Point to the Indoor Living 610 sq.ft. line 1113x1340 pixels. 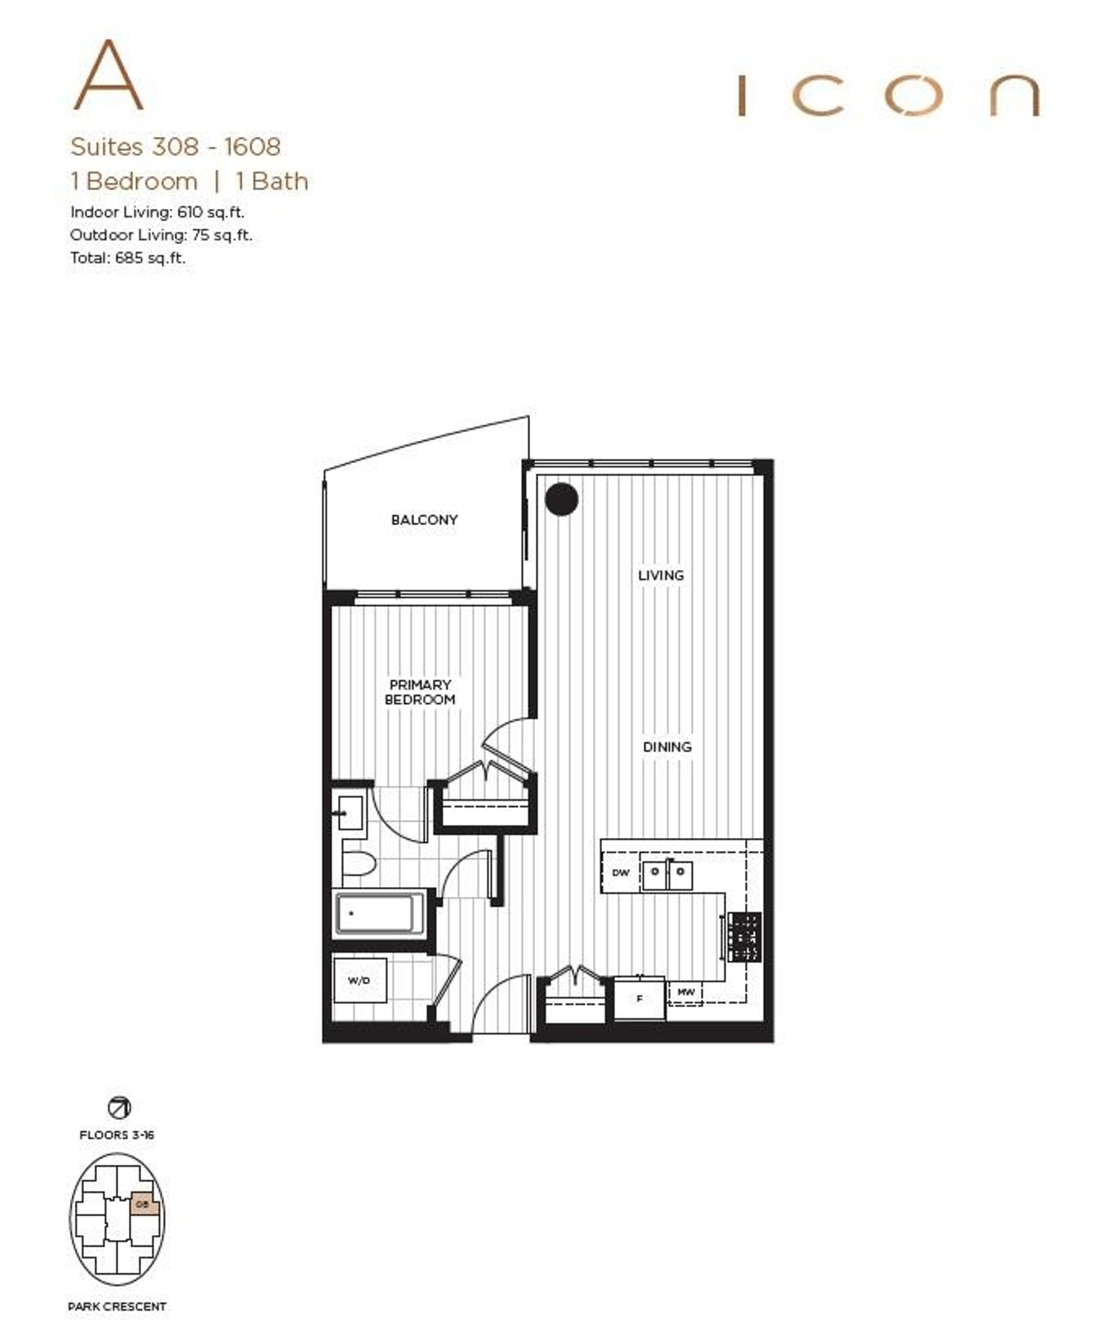point(157,212)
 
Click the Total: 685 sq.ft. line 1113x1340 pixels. point(128,258)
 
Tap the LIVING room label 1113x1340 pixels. point(661,575)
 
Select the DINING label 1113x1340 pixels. point(667,747)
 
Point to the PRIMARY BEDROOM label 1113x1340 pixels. point(420,692)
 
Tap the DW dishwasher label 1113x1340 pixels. point(620,872)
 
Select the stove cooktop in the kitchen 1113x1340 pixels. point(744,937)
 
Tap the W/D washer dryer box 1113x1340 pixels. point(359,980)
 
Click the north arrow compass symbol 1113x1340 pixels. point(119,1108)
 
